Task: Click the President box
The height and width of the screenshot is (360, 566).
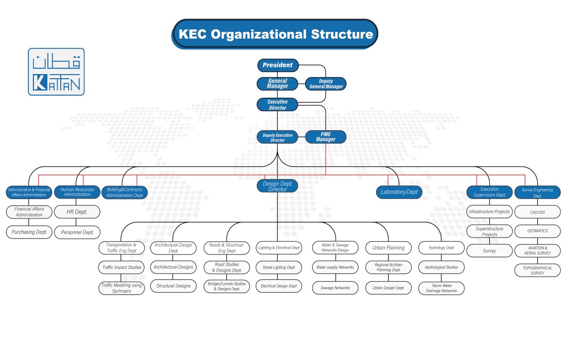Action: (x=277, y=65)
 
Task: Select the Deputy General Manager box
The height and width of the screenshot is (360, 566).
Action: (x=326, y=84)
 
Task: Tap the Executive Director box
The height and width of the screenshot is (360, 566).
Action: (x=277, y=105)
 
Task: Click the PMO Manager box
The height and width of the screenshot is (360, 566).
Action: (x=325, y=137)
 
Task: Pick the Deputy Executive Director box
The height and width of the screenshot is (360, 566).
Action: (x=277, y=137)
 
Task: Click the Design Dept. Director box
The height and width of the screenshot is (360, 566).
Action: (x=277, y=186)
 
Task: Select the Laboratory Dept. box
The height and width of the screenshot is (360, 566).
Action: (x=399, y=192)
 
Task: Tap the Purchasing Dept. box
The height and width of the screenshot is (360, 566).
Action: (x=29, y=232)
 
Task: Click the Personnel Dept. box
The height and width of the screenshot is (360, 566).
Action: (x=77, y=232)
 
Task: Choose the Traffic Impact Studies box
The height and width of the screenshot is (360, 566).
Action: (x=121, y=267)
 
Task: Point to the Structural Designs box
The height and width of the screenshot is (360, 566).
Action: (x=173, y=286)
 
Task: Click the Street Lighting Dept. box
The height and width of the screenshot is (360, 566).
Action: (x=279, y=267)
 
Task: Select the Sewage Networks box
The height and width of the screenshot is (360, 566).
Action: (x=335, y=288)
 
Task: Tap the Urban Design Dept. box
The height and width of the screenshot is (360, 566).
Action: (x=388, y=288)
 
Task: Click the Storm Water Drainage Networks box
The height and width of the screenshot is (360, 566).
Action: (x=441, y=288)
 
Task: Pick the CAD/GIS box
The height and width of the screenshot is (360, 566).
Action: (x=537, y=211)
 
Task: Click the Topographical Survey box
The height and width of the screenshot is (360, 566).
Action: (x=537, y=271)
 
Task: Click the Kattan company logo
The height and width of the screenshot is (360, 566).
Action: (x=56, y=71)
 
